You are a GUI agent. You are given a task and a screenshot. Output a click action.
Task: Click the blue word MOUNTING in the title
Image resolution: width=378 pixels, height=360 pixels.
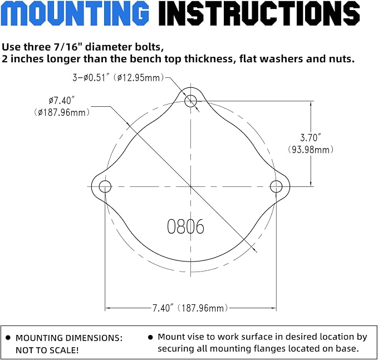click(x=75, y=13)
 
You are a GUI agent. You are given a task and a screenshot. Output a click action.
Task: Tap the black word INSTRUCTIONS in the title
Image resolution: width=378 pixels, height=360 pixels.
click(x=259, y=13)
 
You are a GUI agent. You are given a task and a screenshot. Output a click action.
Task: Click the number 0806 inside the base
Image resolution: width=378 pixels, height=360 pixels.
click(x=185, y=226)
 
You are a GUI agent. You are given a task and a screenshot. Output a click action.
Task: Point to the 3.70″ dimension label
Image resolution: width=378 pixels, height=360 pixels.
click(x=311, y=137)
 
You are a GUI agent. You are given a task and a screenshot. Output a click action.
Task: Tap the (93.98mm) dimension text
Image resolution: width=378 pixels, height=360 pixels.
click(x=311, y=150)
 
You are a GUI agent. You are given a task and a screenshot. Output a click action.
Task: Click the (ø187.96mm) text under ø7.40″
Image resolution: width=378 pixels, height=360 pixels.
click(x=62, y=112)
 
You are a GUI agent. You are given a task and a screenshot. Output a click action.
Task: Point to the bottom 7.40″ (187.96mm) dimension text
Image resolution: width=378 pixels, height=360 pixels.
click(x=190, y=308)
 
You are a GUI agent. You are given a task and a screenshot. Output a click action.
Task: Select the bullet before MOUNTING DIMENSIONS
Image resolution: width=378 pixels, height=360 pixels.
click(x=8, y=338)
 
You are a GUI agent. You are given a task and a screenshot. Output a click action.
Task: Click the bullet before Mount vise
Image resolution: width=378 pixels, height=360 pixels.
click(x=150, y=337)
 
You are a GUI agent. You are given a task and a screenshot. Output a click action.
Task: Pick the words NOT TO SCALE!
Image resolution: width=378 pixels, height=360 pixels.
click(x=47, y=350)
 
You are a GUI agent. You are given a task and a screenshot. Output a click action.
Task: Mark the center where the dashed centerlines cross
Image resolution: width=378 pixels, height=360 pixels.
click(x=190, y=186)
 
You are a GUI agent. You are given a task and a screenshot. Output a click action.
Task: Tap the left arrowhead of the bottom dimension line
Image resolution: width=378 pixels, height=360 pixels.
click(x=108, y=308)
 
